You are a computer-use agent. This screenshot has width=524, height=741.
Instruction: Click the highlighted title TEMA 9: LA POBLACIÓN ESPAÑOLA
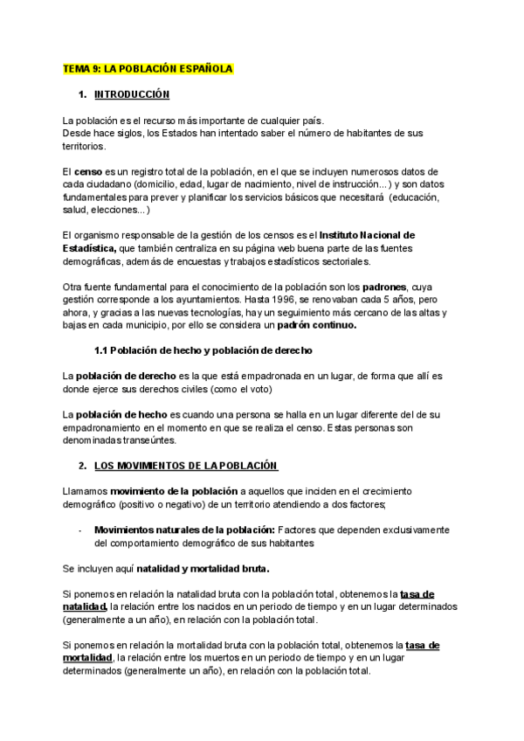[148, 68]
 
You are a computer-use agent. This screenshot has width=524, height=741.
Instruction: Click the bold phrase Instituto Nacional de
[367, 235]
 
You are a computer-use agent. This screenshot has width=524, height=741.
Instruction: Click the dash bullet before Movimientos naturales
[79, 530]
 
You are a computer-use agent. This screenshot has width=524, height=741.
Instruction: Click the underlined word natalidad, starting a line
[85, 606]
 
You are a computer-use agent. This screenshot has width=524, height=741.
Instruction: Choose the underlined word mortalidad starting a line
[88, 658]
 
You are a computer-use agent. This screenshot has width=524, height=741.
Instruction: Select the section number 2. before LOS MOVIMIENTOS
[82, 466]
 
